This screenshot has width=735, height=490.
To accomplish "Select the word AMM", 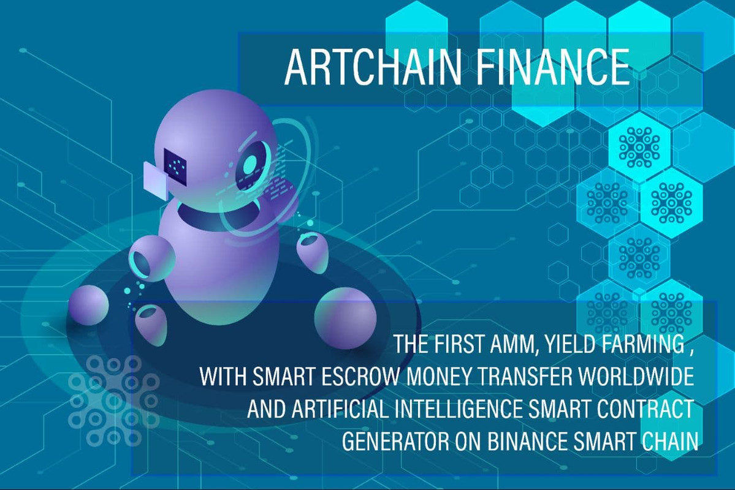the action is pos(513,344).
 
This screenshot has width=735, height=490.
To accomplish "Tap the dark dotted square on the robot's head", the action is pos(175,165).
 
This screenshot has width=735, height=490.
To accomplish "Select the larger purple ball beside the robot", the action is pos(345,318).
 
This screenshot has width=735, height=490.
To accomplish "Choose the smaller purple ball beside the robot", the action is pos(88,305).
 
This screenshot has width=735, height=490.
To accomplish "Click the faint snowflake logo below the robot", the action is pos(114,401).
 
